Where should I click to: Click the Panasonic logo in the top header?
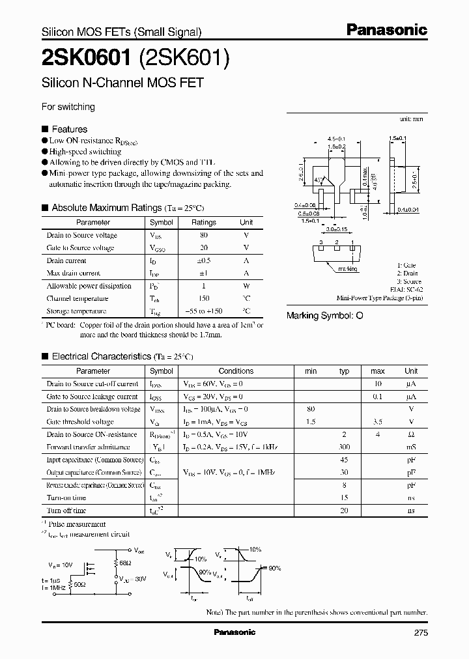pos(386,30)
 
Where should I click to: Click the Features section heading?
pos(69,129)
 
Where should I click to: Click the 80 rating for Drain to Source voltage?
pos(203,235)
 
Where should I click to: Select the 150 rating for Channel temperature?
pos(203,298)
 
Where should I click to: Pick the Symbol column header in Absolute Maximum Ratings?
pos(162,222)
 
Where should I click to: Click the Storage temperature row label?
pos(76,311)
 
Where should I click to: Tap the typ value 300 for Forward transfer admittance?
pos(345,447)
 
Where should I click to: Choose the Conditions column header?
pos(236,371)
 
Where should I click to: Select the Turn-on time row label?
pos(66,498)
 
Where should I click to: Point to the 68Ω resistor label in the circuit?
pos(124,561)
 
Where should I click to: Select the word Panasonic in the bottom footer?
pos(235,632)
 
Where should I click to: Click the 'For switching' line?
pos(68,106)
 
